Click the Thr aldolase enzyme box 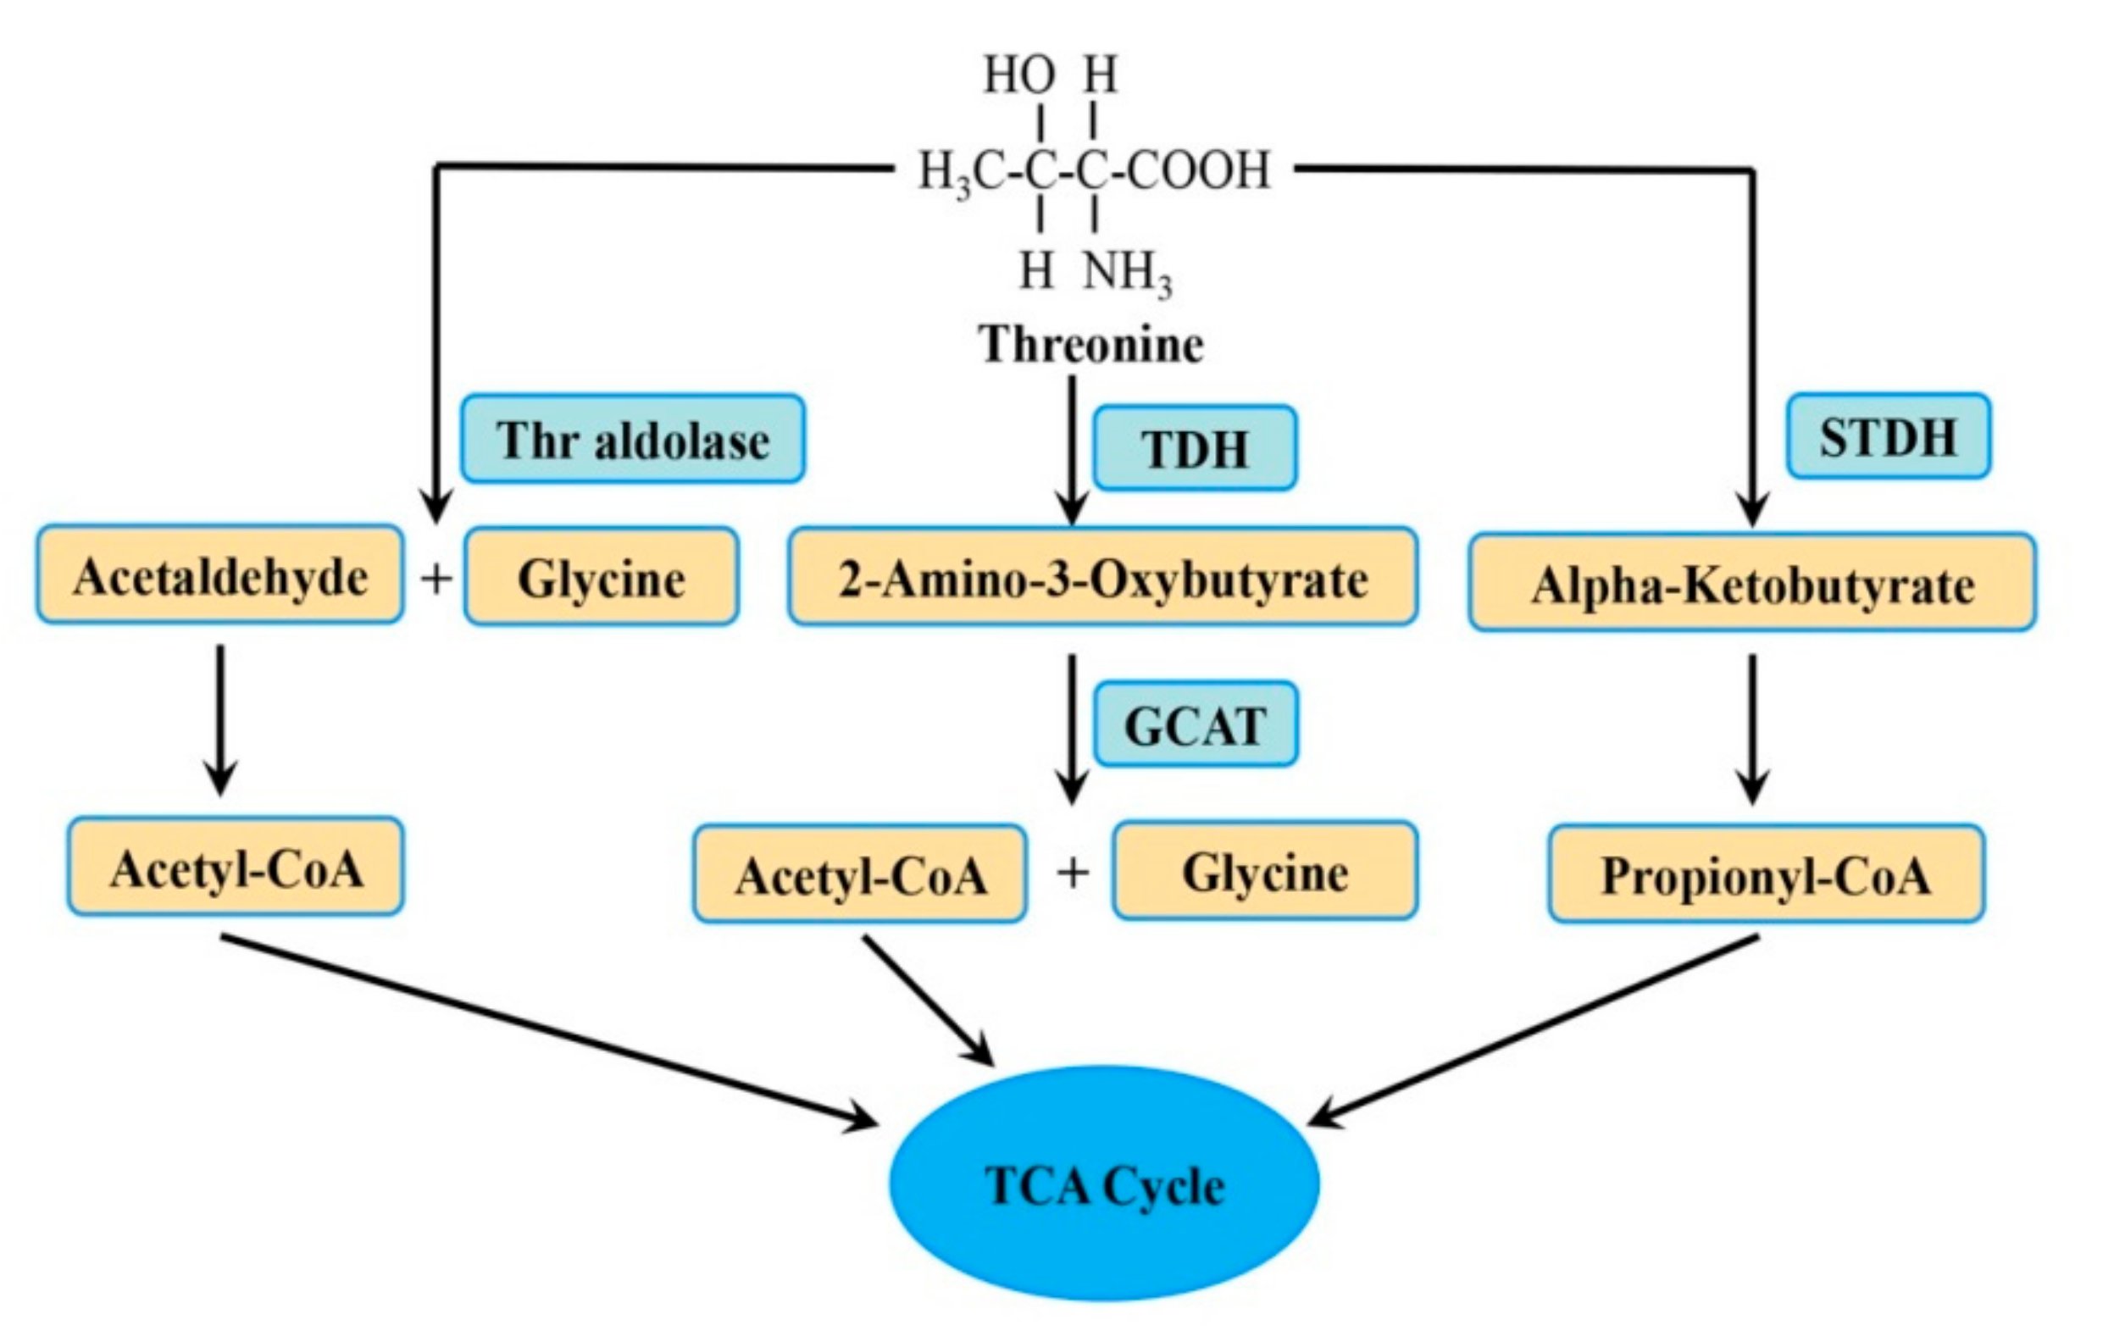coord(632,440)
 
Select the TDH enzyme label coord(1195,448)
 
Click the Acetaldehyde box coord(219,576)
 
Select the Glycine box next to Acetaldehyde coord(601,578)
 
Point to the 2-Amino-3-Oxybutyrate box coord(1102,578)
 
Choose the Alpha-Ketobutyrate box coord(1751,583)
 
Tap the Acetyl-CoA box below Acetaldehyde coord(236,868)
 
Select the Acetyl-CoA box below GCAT coord(859,874)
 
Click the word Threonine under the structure coord(1090,343)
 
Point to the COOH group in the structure coord(1200,169)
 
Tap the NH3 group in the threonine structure coord(1127,272)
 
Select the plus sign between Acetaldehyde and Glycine coord(435,579)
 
